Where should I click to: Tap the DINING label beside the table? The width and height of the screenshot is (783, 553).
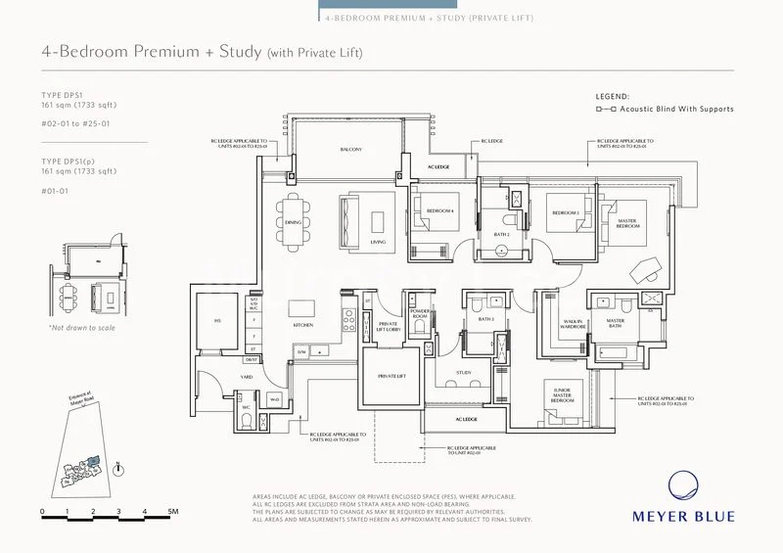point(293,222)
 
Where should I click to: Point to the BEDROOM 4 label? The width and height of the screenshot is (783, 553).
point(431,211)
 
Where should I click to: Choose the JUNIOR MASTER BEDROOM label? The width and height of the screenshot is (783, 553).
point(562,395)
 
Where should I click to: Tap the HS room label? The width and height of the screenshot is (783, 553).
point(215,320)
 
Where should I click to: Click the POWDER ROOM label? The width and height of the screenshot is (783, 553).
point(420,315)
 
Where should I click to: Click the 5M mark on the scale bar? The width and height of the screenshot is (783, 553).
point(171,512)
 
